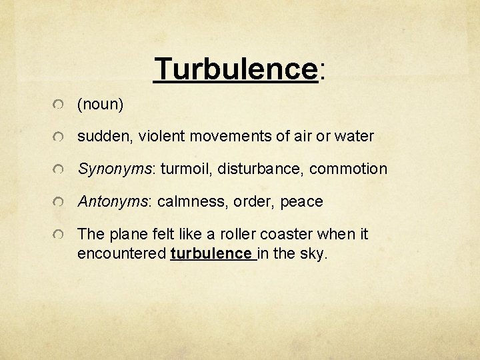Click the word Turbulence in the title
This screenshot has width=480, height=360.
235,69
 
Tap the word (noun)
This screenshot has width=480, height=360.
101,105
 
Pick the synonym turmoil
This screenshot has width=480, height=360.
184,169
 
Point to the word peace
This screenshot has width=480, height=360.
301,201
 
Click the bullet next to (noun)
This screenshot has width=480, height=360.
60,105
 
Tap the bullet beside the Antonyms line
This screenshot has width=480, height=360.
60,202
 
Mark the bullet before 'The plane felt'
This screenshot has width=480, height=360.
60,235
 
